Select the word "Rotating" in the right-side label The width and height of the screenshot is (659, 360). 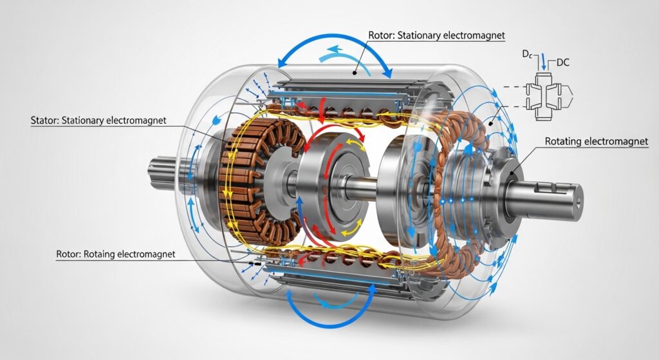(566, 142)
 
